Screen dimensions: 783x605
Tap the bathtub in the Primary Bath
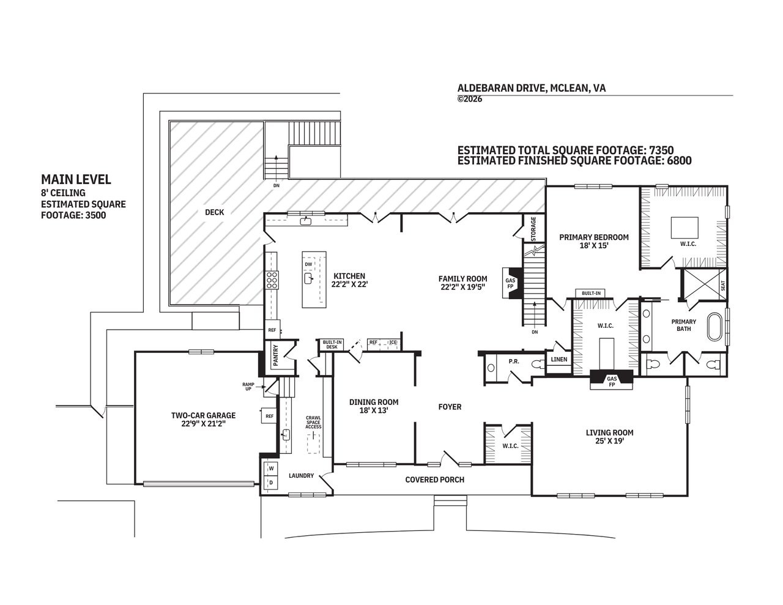714,327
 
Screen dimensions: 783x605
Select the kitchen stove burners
272,280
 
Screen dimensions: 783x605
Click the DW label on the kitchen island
308,264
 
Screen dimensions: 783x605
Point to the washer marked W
272,469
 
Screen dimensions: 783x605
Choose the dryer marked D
272,483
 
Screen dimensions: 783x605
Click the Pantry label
276,355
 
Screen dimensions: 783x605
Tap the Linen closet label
559,359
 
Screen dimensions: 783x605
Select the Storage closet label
533,229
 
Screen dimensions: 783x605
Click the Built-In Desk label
332,344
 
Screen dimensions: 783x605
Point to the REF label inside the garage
270,416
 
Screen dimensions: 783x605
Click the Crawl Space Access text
313,422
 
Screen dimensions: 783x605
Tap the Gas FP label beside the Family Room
510,283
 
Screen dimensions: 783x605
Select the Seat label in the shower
723,286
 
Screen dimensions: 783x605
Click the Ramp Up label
248,387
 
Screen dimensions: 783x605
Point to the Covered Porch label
434,480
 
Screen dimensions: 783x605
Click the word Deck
214,212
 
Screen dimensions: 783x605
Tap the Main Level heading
76,179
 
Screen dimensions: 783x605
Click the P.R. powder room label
514,361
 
